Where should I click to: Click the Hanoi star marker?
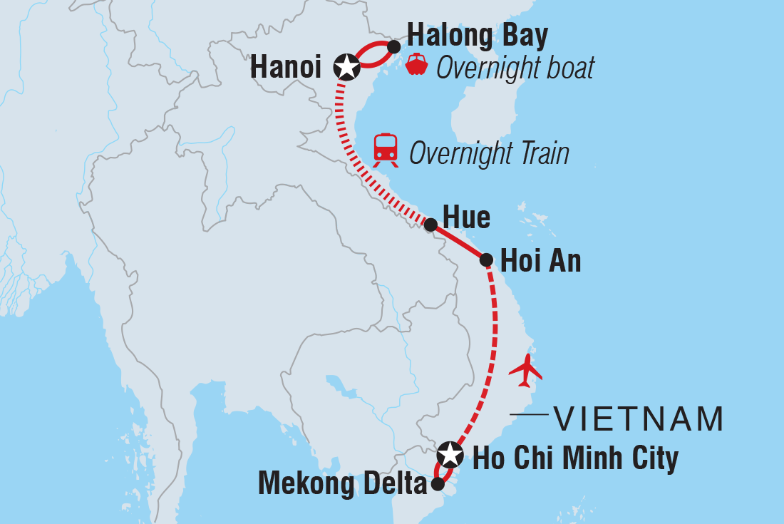point(346,67)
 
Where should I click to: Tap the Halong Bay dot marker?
point(393,45)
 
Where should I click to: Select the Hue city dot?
point(430,225)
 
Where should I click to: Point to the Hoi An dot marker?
point(486,260)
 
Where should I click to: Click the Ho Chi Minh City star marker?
point(450,453)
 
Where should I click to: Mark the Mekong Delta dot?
point(438,483)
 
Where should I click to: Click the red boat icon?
point(416,65)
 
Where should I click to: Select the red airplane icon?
point(526,370)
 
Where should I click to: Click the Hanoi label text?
point(289,68)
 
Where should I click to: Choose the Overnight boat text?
point(515,68)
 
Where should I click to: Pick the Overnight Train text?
point(490,153)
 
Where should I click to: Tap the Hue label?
point(467,217)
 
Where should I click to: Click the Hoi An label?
point(541,261)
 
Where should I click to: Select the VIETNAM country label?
point(639,418)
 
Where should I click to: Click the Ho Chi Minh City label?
point(575,458)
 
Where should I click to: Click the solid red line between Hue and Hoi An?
point(458,242)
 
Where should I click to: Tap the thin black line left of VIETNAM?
point(529,414)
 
